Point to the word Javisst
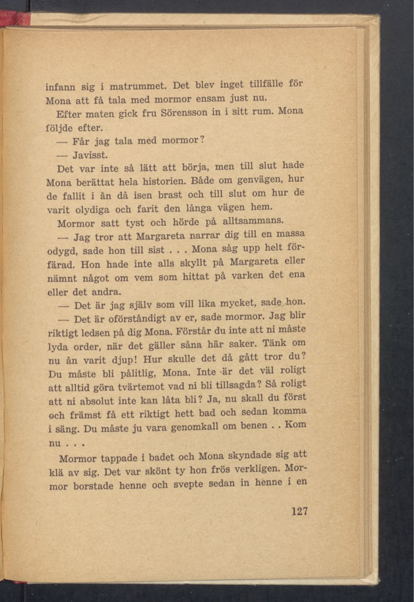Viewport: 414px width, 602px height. pos(90,155)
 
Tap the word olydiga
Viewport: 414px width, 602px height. pos(92,210)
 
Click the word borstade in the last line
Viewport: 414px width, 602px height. pos(93,486)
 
